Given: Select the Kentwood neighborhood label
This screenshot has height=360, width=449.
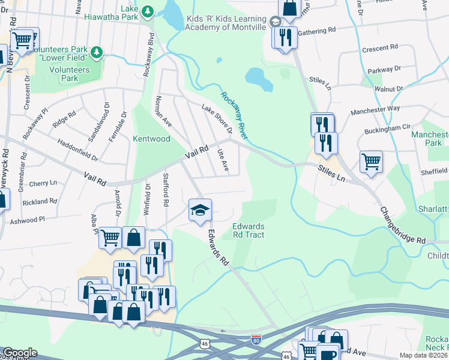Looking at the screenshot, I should [151, 139].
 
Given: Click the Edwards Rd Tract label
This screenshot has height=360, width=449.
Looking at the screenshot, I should [249, 230].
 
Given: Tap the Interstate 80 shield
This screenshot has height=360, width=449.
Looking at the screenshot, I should [256, 340].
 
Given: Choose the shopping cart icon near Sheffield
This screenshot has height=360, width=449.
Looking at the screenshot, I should [371, 161].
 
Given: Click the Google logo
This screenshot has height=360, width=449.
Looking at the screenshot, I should [19, 353].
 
